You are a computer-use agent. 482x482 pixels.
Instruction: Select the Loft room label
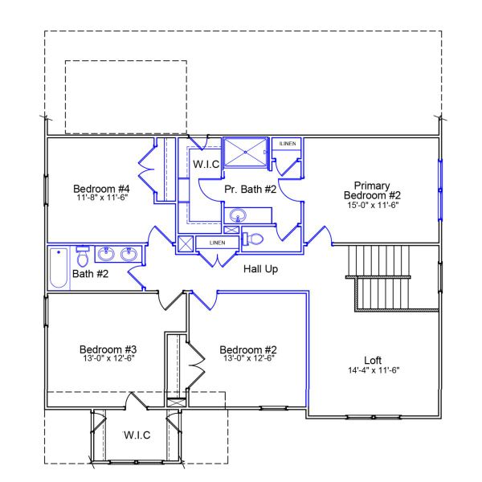click(x=373, y=360)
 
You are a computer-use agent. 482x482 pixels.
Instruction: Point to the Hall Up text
click(x=260, y=269)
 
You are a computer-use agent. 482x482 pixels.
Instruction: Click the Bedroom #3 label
click(x=108, y=349)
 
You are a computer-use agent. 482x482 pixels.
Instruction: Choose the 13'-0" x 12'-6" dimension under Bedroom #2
click(x=247, y=359)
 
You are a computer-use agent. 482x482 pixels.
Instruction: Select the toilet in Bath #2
click(x=82, y=256)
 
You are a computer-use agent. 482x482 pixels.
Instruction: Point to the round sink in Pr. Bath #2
click(x=238, y=215)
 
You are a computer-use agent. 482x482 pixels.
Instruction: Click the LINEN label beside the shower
click(x=287, y=143)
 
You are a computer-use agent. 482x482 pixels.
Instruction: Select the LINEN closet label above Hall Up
click(x=217, y=242)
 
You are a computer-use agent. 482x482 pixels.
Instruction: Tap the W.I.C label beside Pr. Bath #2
click(x=206, y=164)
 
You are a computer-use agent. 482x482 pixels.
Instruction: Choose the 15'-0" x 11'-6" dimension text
click(x=372, y=205)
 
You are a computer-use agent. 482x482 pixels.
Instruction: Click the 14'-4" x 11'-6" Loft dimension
click(x=373, y=370)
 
